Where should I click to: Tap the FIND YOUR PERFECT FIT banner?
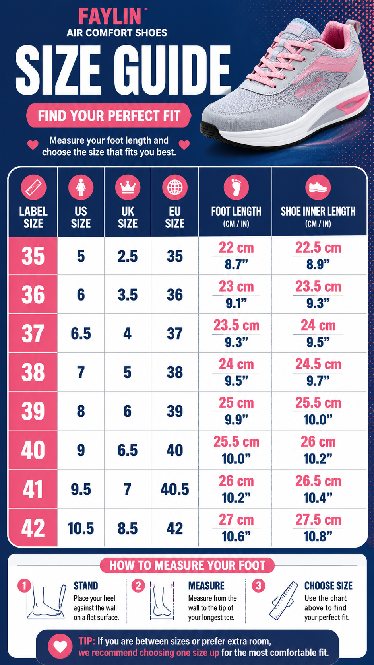(x=109, y=115)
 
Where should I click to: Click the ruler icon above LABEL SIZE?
(x=33, y=187)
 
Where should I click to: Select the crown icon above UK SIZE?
(x=128, y=187)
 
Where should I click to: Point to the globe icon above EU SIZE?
(x=175, y=187)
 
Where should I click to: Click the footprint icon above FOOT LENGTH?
(x=236, y=187)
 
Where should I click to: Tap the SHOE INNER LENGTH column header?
(x=318, y=216)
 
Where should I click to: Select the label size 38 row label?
(x=33, y=372)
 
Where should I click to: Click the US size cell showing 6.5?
(x=81, y=334)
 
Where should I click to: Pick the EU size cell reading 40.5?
(x=175, y=489)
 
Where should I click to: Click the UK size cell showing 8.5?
(x=128, y=529)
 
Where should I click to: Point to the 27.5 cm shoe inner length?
(x=318, y=520)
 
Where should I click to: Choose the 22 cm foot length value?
(x=236, y=248)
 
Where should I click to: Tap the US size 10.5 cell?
(x=81, y=529)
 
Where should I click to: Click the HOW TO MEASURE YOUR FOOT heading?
(x=187, y=566)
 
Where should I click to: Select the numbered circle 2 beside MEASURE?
(x=138, y=586)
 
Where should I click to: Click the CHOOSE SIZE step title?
(x=328, y=586)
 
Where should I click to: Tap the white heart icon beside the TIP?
(x=60, y=646)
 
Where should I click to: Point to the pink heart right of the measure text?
(x=184, y=145)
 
